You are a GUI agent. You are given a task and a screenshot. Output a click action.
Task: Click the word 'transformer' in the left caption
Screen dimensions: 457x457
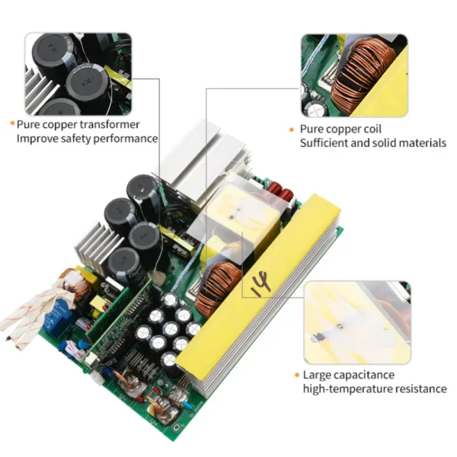107,124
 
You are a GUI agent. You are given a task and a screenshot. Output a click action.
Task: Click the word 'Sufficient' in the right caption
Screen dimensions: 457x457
325,142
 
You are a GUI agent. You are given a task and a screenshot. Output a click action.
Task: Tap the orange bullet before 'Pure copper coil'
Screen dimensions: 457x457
292,129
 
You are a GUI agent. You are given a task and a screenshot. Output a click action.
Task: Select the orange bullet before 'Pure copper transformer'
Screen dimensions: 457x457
11,124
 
